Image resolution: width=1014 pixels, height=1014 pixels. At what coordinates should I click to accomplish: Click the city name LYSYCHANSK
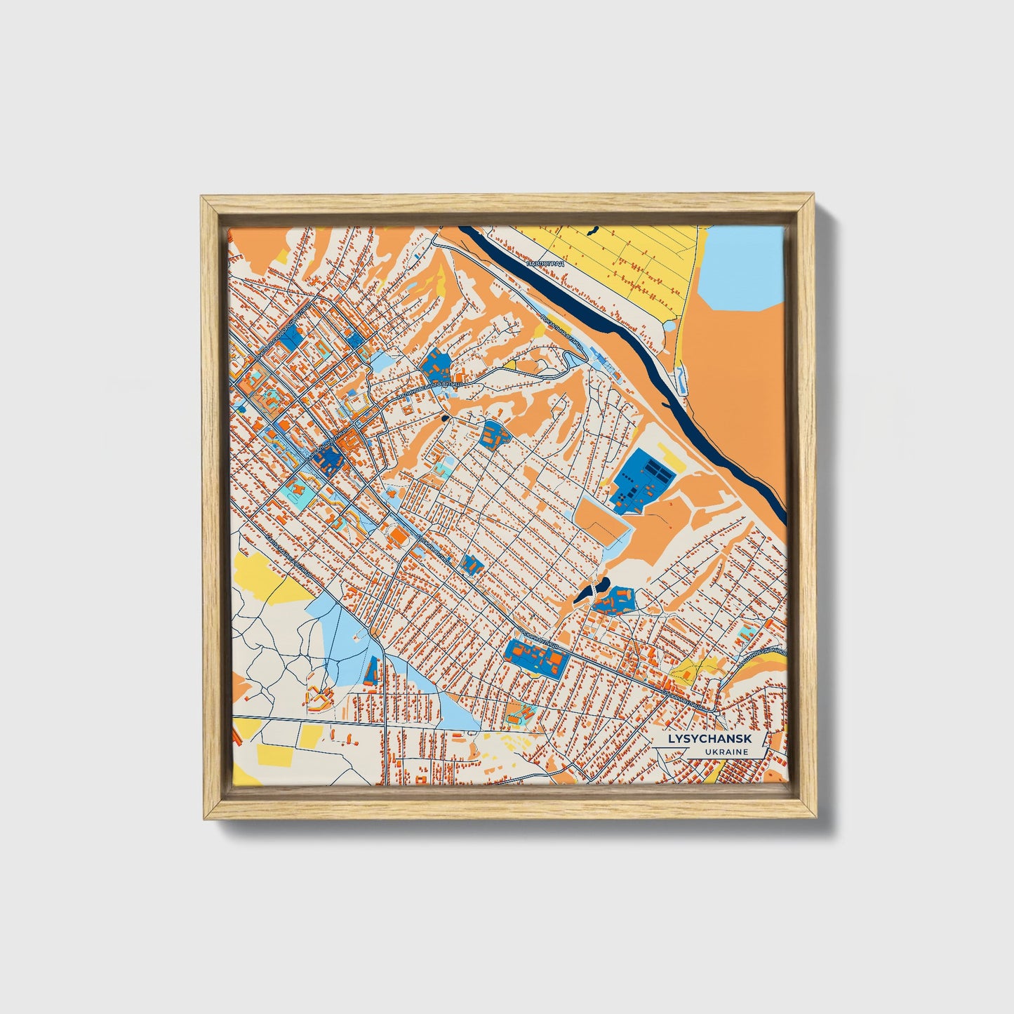[709, 739]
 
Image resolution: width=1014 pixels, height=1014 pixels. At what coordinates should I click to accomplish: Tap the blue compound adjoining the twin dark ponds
[615, 599]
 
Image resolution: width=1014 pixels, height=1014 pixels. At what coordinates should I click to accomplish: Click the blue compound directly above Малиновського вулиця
[437, 364]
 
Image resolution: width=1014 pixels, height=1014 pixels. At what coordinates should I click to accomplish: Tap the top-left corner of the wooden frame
[202, 196]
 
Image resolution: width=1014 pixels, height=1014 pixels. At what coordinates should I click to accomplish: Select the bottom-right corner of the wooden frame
[816, 818]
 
